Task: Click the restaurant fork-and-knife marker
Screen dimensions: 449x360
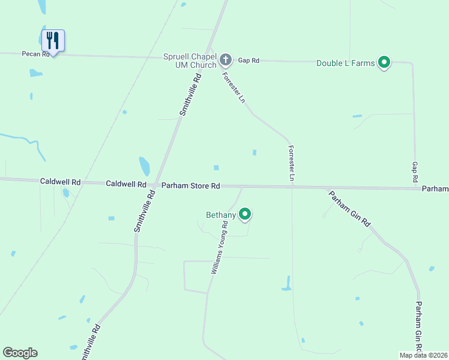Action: (x=53, y=41)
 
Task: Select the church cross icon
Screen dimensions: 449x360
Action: (x=226, y=59)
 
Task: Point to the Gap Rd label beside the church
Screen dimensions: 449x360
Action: (x=248, y=60)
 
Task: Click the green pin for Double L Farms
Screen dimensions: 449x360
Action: (x=384, y=62)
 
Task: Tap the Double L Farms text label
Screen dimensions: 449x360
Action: (x=346, y=62)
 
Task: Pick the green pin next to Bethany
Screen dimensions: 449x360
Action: (x=245, y=214)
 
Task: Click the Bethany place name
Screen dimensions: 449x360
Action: (x=220, y=214)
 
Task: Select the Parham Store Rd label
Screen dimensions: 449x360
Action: (x=190, y=186)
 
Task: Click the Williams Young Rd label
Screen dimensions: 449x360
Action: (x=219, y=248)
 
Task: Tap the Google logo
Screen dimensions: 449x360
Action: (x=20, y=353)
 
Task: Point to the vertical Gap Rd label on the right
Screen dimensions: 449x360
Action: (x=414, y=172)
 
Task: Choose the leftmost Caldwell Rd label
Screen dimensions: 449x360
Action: (x=60, y=181)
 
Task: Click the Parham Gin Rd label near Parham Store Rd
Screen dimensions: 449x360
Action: (x=349, y=208)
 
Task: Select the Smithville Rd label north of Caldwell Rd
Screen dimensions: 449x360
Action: (x=190, y=94)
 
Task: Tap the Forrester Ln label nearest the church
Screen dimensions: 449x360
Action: (x=234, y=88)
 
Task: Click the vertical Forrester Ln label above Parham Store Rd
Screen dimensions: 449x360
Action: (x=291, y=163)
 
